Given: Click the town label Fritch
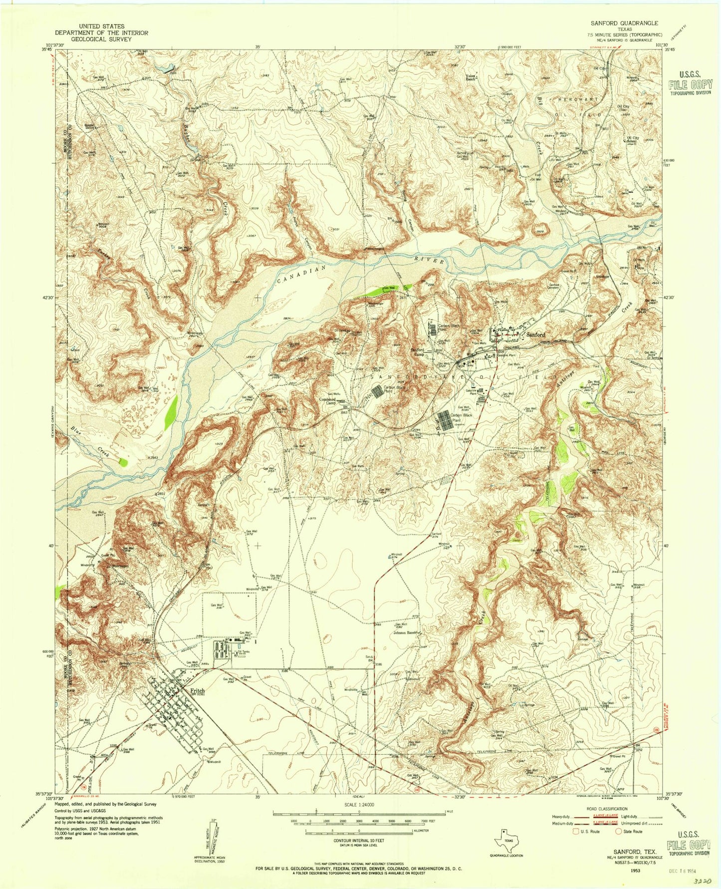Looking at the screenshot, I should pyautogui.click(x=198, y=691).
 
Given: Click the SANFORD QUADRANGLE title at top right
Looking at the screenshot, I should pyautogui.click(x=624, y=23).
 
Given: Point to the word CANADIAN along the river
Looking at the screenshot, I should pyautogui.click(x=301, y=274).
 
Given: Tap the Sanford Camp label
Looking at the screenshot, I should pyautogui.click(x=418, y=352).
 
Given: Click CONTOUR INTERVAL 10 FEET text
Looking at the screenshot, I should pyautogui.click(x=358, y=841).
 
